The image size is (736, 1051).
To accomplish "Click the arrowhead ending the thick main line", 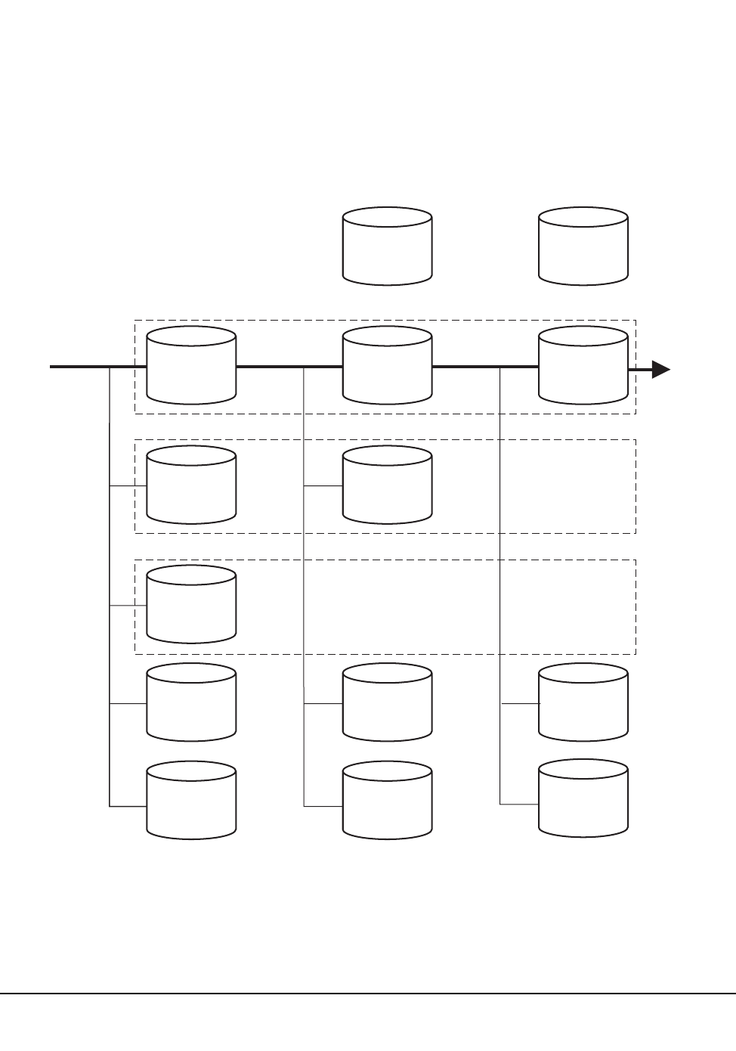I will tap(660, 369).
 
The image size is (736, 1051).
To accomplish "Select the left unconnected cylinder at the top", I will tap(388, 246).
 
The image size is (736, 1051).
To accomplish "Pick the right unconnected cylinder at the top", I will tap(583, 246).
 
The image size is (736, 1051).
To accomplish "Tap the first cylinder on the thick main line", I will tap(191, 366).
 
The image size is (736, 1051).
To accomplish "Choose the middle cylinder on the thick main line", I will tap(388, 366).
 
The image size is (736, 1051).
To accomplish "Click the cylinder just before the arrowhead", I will tap(583, 366).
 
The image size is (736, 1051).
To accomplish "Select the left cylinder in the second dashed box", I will tap(191, 485).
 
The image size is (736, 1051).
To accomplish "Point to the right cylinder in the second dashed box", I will tap(388, 485).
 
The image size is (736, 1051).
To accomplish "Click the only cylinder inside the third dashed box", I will tap(191, 604).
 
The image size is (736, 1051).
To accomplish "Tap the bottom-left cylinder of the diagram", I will tap(191, 800).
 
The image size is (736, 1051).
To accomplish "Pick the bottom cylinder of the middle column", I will tap(388, 800).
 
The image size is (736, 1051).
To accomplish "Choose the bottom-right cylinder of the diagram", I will tap(583, 798).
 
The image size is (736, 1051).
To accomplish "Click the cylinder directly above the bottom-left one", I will tap(191, 702).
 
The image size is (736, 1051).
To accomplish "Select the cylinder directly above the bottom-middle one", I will tap(388, 702).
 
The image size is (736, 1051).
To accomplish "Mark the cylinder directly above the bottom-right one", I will tap(583, 702).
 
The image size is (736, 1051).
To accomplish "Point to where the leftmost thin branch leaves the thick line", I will tap(110, 367).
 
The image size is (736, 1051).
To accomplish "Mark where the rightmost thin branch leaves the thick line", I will tap(500, 367).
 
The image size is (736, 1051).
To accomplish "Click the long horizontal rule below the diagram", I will tap(368, 994).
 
